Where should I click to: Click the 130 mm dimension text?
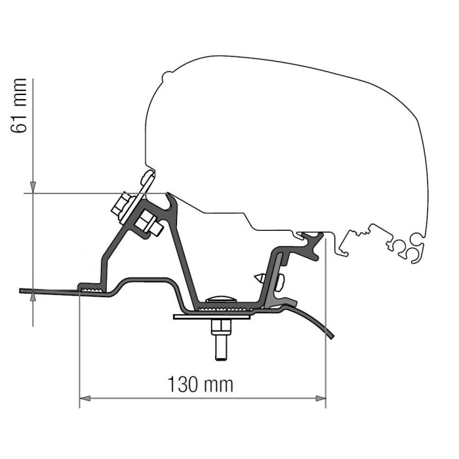[x=201, y=384]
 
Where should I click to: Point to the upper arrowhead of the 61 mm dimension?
[x=31, y=188]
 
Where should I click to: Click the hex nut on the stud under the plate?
[x=220, y=327]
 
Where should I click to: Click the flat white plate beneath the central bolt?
[x=213, y=316]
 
